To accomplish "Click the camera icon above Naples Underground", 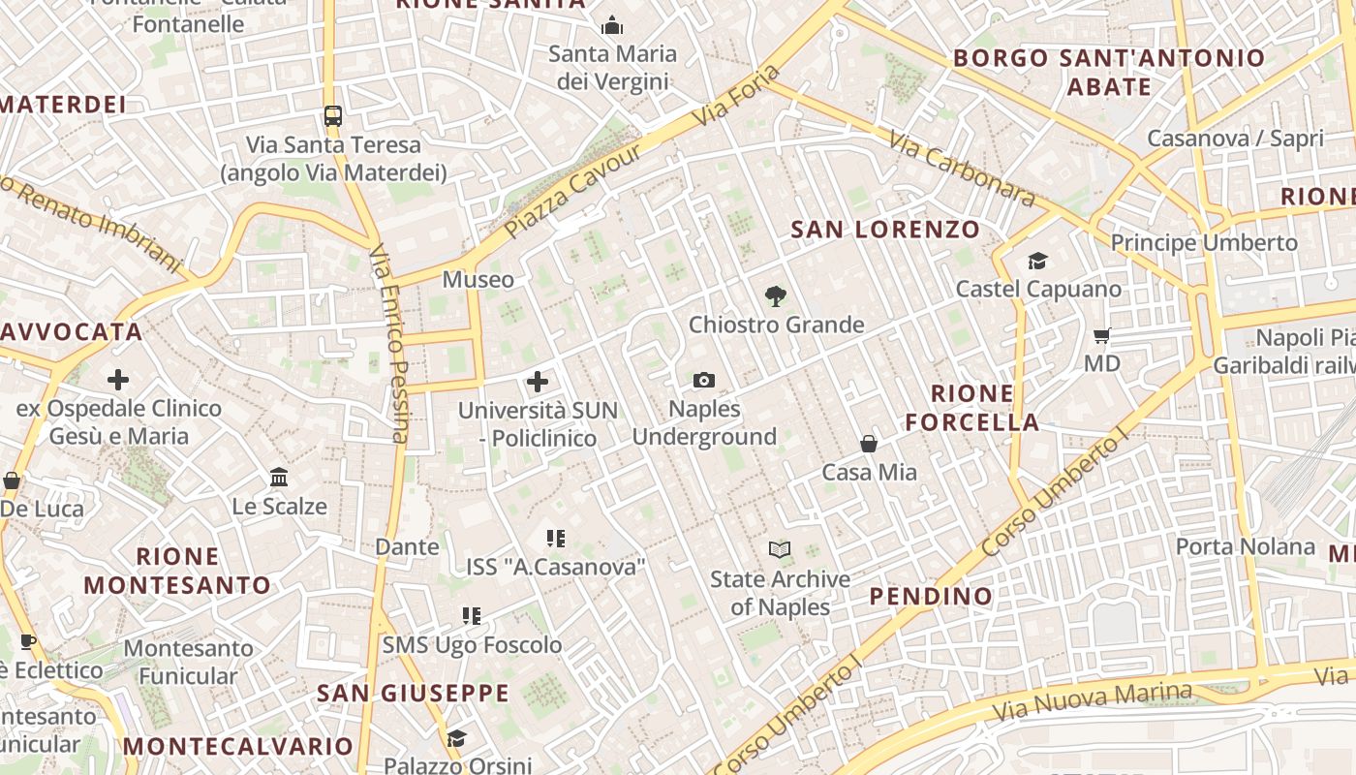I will [x=704, y=381].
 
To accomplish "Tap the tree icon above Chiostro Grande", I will [x=775, y=296].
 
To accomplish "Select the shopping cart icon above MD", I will [x=1101, y=336].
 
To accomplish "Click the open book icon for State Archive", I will [x=780, y=550].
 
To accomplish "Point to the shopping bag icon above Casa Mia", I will [x=869, y=444].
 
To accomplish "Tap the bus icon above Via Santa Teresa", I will [x=333, y=116].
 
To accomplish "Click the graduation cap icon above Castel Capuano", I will [x=1038, y=261].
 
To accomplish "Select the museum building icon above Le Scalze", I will [x=280, y=477].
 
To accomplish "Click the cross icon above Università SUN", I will [x=538, y=381].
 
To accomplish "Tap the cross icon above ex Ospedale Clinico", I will [x=118, y=380].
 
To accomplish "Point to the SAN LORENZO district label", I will [x=885, y=230].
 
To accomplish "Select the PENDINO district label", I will [x=931, y=596].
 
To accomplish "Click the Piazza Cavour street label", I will [x=573, y=193].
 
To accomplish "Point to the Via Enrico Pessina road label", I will [x=390, y=343].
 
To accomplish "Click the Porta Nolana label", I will [x=1246, y=546].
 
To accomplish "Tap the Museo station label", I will [x=478, y=280].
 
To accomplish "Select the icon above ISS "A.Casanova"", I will [x=555, y=538].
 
